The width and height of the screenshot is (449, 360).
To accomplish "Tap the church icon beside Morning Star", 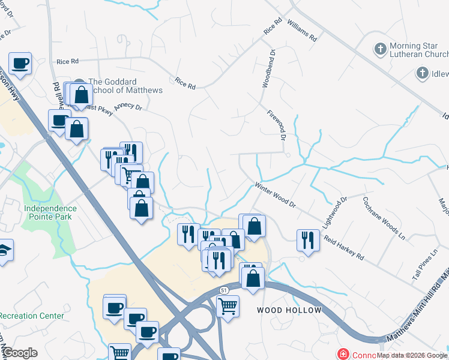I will pyautogui.click(x=380, y=48).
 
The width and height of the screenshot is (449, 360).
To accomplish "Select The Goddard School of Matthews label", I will pyautogui.click(x=125, y=86).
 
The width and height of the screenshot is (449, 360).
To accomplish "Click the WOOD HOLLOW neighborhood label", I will pyautogui.click(x=289, y=310).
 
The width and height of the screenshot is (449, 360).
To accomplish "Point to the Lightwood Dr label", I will pyautogui.click(x=335, y=212).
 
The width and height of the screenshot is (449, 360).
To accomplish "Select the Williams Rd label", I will pyautogui.click(x=301, y=29).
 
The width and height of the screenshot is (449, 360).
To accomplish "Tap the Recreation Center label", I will pyautogui.click(x=31, y=316).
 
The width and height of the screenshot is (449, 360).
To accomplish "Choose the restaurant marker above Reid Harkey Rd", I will pyautogui.click(x=308, y=240).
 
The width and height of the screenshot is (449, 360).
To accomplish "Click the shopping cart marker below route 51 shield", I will pyautogui.click(x=228, y=306).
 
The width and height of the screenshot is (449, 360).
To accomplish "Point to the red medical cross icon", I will pyautogui.click(x=343, y=355).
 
